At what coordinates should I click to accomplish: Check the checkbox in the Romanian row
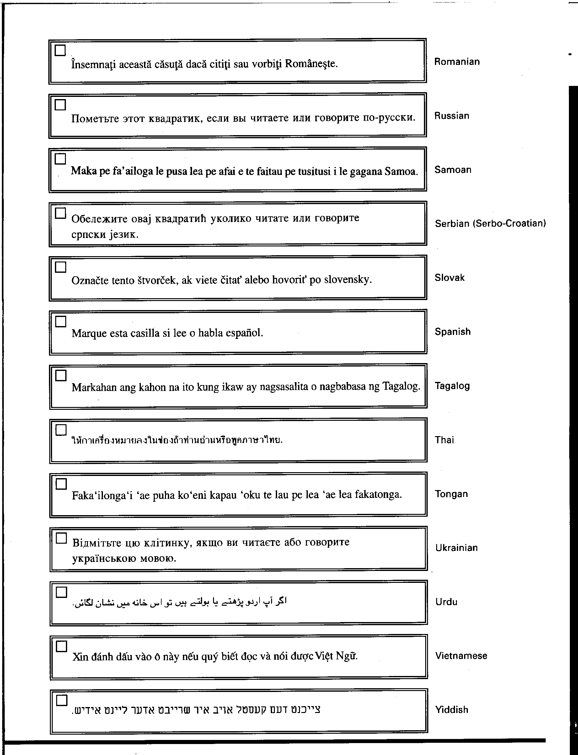point(60,50)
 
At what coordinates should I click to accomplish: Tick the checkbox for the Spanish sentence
point(61,321)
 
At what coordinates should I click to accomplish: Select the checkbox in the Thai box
point(61,430)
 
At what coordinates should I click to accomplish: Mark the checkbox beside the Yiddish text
point(62,700)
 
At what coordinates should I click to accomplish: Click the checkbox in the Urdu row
point(62,592)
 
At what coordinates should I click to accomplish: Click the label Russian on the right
point(452,116)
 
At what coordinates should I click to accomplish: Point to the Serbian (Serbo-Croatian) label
point(490,224)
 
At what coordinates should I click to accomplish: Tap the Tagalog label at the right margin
point(452,386)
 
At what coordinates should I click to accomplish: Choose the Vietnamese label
point(461,656)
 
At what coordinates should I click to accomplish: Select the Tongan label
point(451,494)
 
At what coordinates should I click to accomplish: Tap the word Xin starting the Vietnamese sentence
point(80,657)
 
